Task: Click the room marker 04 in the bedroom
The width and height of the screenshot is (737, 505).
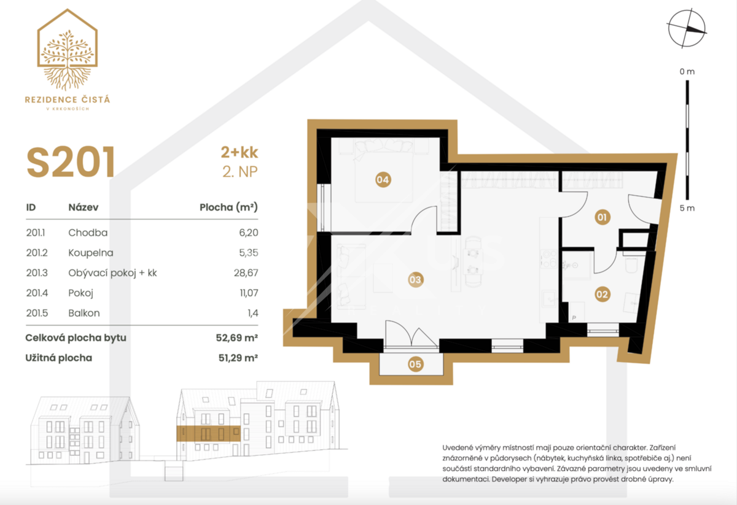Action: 383,180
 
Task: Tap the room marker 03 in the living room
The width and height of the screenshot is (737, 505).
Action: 415,279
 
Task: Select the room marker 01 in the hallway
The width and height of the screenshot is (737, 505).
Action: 602,217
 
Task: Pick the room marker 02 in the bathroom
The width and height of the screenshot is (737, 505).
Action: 602,295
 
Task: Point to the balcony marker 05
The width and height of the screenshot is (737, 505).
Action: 415,364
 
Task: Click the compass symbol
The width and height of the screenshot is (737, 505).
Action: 687,28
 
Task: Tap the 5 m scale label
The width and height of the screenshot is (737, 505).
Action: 687,208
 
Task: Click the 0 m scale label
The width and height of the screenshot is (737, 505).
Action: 687,71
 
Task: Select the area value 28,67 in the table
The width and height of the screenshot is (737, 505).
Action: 246,273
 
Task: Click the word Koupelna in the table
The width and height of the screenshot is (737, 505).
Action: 91,253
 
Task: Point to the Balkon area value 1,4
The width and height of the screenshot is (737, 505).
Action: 252,313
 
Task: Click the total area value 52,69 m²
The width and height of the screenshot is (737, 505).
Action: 237,337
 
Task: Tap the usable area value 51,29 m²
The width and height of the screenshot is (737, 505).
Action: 238,358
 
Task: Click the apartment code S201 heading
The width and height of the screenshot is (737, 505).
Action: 71,162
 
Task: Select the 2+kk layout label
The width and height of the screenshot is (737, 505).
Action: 240,152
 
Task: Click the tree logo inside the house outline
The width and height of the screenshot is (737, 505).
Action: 68,59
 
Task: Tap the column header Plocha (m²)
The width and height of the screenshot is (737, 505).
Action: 228,207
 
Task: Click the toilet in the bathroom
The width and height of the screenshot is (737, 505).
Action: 631,264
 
